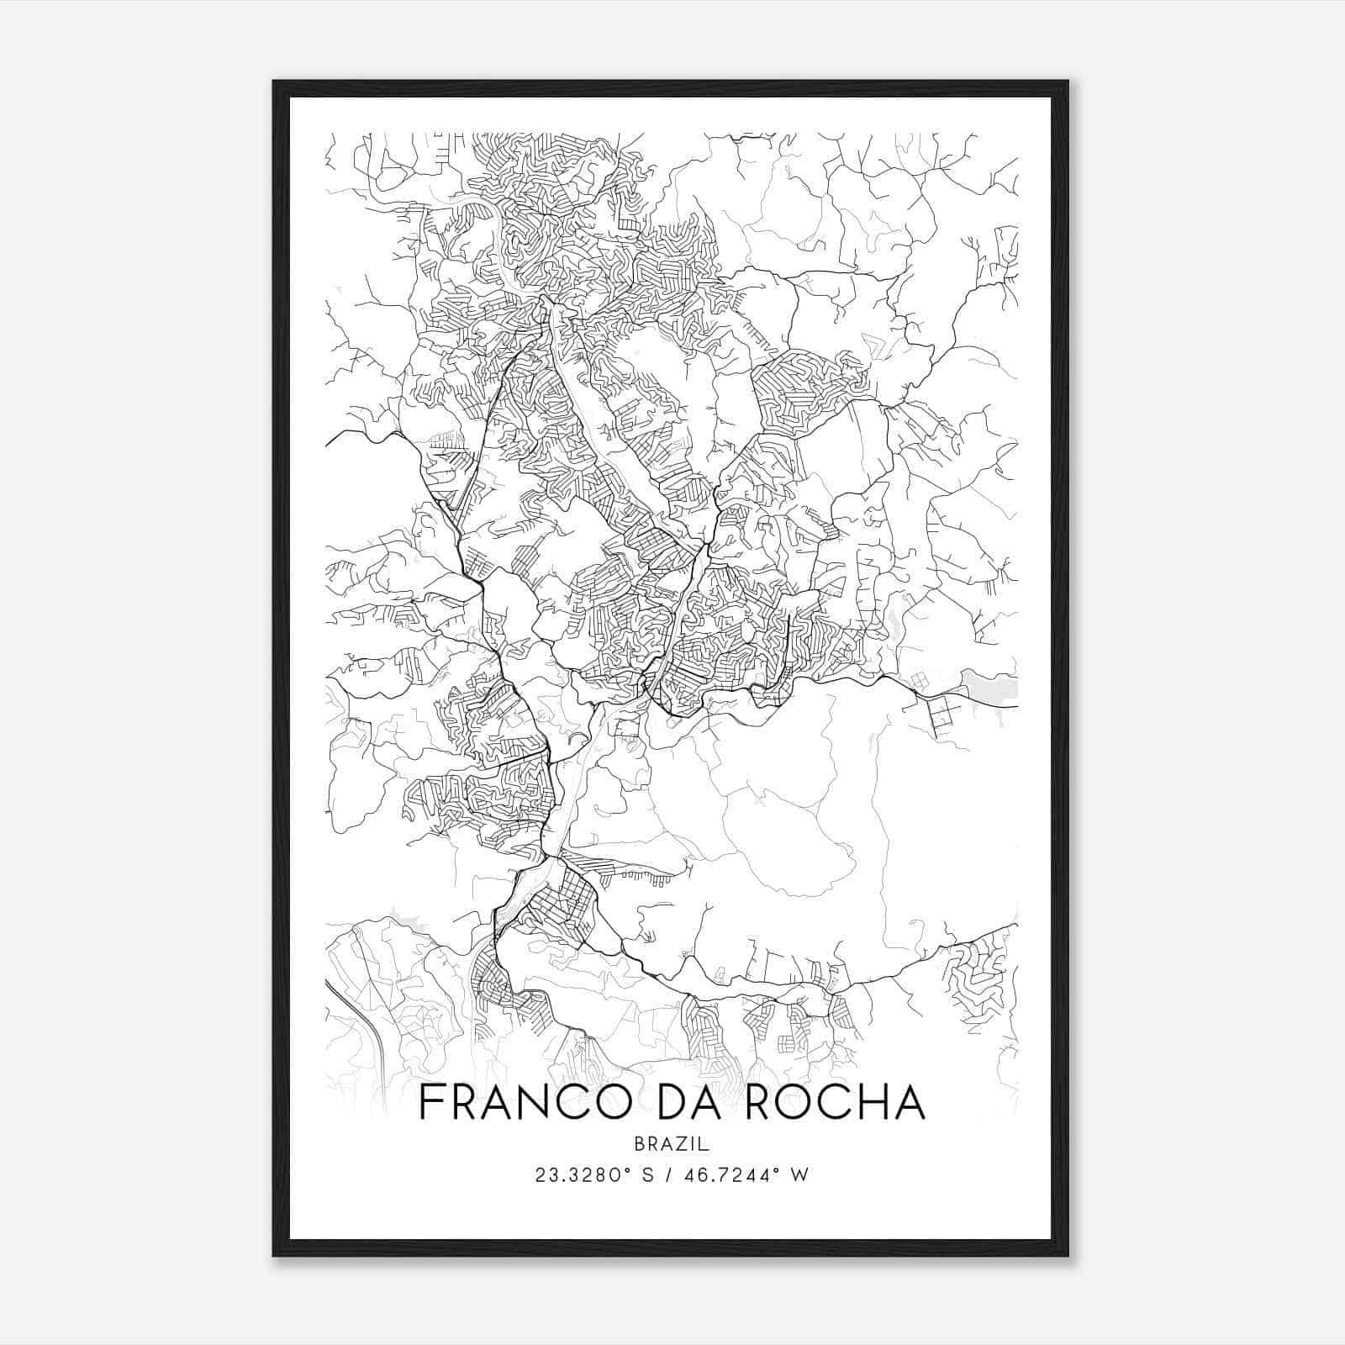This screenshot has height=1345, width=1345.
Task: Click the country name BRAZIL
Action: coord(672,1143)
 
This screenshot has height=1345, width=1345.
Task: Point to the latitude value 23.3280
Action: coord(572,1175)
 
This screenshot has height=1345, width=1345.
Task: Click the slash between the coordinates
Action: coord(670,1175)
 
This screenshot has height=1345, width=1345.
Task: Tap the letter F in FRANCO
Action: coord(430,1102)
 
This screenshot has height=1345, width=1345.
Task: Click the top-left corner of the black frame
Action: coord(274,82)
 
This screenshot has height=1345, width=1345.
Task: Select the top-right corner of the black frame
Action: coord(1068,82)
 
